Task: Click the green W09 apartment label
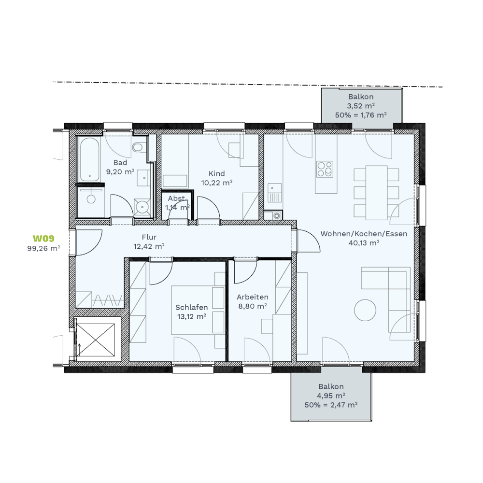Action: point(43,239)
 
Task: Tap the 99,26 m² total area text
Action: point(43,248)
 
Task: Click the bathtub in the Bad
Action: point(89,159)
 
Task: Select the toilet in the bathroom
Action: point(138,147)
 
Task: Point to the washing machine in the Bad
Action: point(142,206)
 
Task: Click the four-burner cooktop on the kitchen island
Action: point(325,169)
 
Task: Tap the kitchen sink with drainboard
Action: point(274,193)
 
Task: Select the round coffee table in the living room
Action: point(365,310)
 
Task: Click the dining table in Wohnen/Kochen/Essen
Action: point(376,193)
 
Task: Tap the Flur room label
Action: point(149,237)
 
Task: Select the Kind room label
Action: point(216,173)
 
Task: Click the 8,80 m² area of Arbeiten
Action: point(252,306)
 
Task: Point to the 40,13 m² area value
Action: point(364,243)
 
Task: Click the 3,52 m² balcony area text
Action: point(361,106)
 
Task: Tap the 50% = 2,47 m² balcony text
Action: point(331,405)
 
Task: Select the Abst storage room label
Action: point(176,198)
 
